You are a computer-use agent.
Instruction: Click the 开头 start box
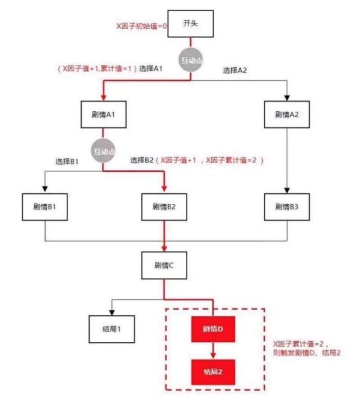click(x=190, y=23)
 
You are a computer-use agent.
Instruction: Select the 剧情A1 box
click(x=103, y=114)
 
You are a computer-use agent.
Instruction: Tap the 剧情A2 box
click(x=287, y=114)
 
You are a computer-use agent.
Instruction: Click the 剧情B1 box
click(x=45, y=207)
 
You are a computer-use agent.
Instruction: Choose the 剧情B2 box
click(x=164, y=207)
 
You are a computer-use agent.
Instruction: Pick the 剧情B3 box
click(x=287, y=207)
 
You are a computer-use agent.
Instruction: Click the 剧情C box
click(x=164, y=265)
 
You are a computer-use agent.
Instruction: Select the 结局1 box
click(x=112, y=329)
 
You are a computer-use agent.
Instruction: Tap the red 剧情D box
click(x=213, y=329)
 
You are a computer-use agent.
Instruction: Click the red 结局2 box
click(x=213, y=372)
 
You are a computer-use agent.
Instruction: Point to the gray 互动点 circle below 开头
click(x=191, y=60)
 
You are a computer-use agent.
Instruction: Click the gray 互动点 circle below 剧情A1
click(x=103, y=151)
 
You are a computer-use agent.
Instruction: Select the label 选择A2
click(x=235, y=70)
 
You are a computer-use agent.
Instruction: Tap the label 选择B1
click(x=67, y=161)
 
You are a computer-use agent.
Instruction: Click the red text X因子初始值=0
click(x=141, y=26)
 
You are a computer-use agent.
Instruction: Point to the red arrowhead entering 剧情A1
click(x=103, y=98)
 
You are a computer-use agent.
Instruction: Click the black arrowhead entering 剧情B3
click(x=287, y=190)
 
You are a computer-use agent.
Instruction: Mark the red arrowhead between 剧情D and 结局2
click(x=213, y=356)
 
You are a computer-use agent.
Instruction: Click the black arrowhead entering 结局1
click(x=112, y=313)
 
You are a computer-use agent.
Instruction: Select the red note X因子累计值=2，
click(x=301, y=344)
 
